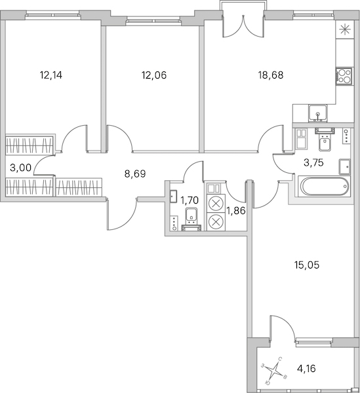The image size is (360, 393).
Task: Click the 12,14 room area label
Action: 51,75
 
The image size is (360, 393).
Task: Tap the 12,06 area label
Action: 154,75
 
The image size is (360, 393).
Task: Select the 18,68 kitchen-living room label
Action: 271,75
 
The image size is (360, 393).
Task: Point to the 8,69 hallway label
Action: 135,174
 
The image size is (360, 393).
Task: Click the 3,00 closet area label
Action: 20,168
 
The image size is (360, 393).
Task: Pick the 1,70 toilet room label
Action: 190,200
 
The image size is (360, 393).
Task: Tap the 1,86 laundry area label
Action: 236,210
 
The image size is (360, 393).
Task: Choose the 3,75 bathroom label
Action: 313,163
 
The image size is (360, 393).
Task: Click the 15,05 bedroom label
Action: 307,265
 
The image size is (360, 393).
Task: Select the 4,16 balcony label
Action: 306,369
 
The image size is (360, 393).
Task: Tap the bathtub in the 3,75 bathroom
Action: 324,186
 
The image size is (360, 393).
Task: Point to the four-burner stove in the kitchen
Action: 345,76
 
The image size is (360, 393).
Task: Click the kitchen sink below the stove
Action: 318,113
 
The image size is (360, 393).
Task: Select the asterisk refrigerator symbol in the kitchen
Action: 345,30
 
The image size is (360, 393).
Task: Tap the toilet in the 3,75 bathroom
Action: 325,140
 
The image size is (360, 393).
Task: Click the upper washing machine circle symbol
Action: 216,204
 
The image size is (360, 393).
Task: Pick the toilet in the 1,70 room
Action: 191,219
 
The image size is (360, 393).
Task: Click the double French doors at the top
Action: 243,26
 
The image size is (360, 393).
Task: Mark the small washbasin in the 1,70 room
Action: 173,196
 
